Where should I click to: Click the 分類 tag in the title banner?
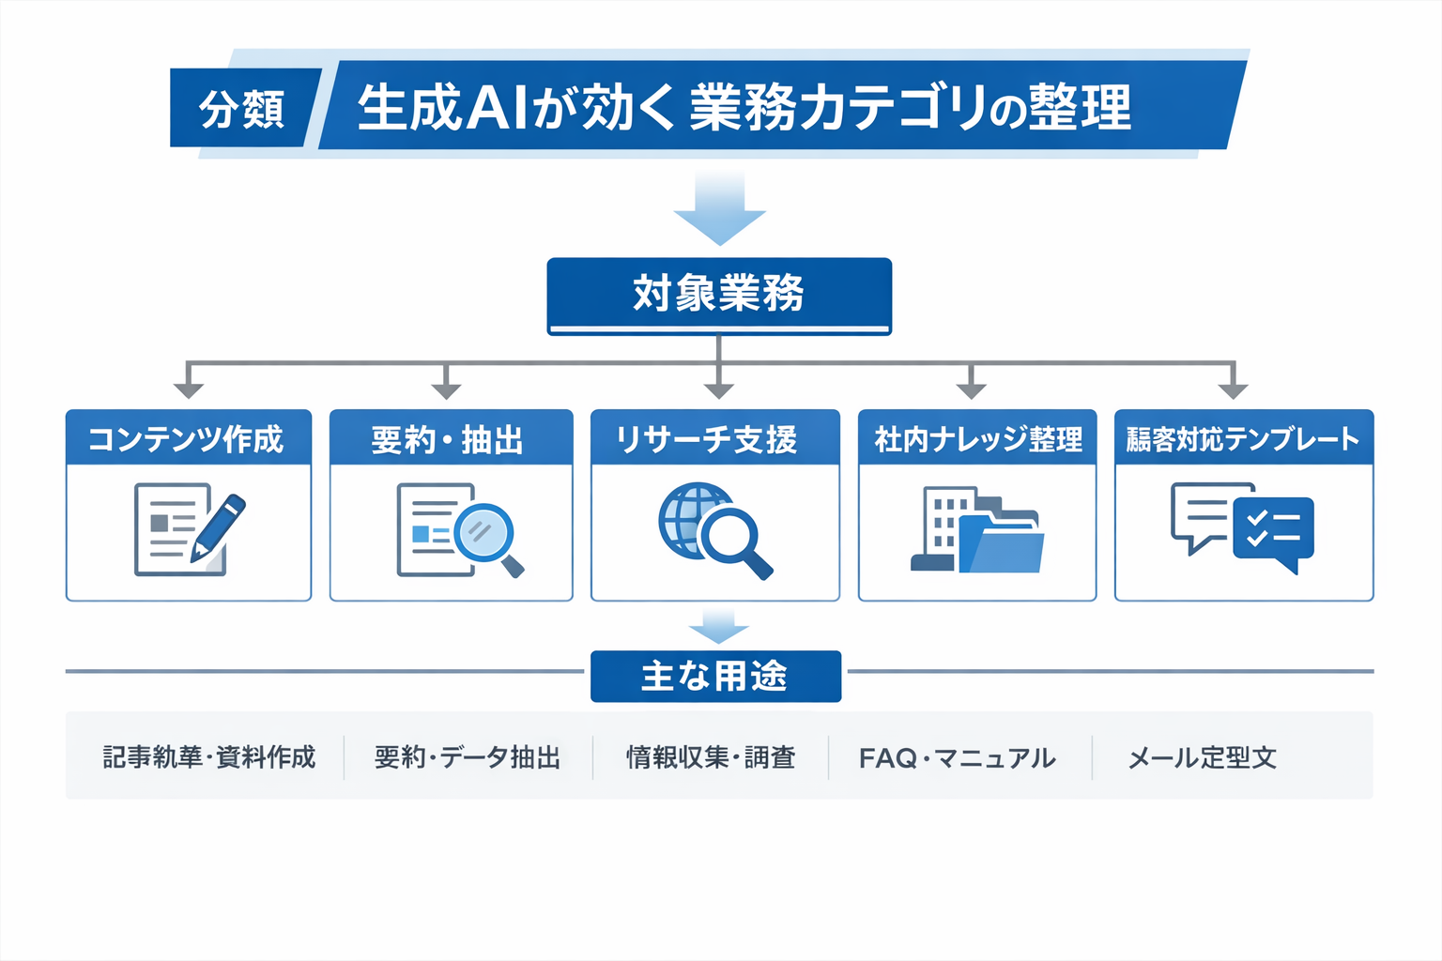point(242,109)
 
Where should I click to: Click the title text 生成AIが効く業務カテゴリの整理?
point(744,107)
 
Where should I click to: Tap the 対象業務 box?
point(718,295)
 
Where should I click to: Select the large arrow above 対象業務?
point(719,208)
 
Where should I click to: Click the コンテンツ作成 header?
point(188,439)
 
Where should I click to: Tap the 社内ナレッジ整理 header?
point(977,439)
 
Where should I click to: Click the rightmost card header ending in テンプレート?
point(1243,439)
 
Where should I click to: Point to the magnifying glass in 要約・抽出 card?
point(486,536)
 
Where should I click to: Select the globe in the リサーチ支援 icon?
point(693,518)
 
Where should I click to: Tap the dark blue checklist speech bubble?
point(1274,531)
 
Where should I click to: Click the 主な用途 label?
point(715,676)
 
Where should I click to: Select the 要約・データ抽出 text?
point(468,757)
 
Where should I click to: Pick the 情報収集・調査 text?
point(711,757)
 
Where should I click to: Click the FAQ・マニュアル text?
point(957,757)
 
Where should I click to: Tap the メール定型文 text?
point(1202,757)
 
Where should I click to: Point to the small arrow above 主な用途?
point(718,626)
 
